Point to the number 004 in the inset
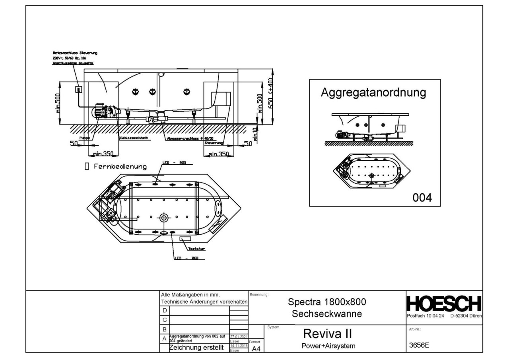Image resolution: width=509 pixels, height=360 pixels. pos(421,197)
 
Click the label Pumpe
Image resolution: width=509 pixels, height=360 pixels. pos(85,138)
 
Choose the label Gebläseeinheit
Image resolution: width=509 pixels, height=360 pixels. pos(134,138)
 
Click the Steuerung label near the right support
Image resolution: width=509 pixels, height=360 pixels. pos(214,142)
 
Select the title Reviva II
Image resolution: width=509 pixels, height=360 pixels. pos(326,333)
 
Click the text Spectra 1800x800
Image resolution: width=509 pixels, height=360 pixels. pos(326,302)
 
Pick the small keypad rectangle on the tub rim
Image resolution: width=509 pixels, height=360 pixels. pos(185,239)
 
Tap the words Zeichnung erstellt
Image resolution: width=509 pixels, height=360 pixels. pos(194,348)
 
